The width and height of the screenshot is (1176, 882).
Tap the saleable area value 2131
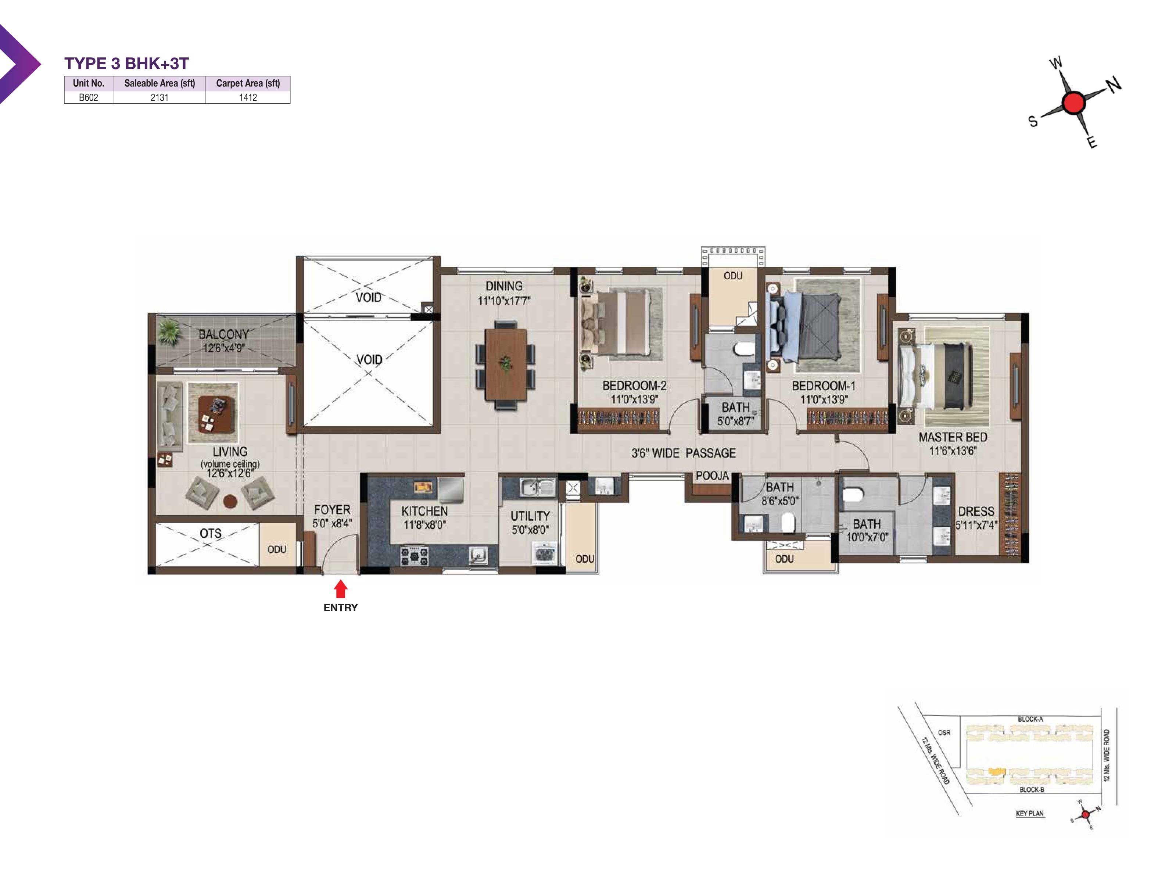(159, 97)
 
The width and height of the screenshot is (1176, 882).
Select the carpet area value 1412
(248, 97)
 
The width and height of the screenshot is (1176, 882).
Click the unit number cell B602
(88, 97)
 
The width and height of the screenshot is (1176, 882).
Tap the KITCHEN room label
(424, 511)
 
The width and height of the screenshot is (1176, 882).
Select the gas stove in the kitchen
(414, 556)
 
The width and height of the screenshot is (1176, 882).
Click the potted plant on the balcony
(169, 332)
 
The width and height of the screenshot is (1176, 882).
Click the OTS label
(211, 533)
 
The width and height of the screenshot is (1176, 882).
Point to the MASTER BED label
(953, 437)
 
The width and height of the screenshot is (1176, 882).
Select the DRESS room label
(976, 512)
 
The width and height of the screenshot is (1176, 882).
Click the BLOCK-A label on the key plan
(1030, 719)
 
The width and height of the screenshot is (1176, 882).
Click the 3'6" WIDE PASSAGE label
(684, 453)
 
